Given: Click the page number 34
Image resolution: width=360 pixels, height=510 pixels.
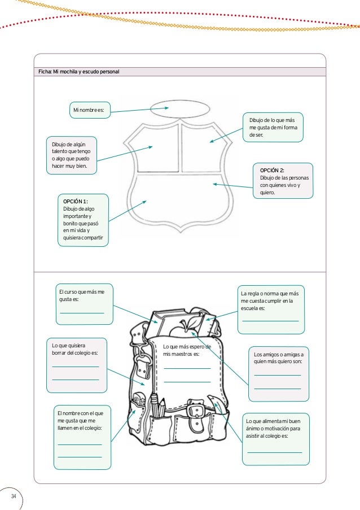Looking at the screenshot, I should pyautogui.click(x=13, y=496).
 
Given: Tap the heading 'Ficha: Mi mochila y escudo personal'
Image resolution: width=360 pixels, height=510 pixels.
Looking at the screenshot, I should pyautogui.click(x=78, y=72).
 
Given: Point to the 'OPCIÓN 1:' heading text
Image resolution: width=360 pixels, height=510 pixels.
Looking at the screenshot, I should pyautogui.click(x=76, y=202).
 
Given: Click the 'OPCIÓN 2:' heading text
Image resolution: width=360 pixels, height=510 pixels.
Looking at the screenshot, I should pyautogui.click(x=272, y=171).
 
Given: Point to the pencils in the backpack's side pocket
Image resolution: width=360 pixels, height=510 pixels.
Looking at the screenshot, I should pyautogui.click(x=159, y=406).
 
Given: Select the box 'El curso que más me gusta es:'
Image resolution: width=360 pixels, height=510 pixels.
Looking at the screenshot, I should pyautogui.click(x=82, y=303).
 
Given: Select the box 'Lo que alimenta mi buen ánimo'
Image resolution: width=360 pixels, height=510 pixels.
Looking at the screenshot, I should pyautogui.click(x=275, y=439).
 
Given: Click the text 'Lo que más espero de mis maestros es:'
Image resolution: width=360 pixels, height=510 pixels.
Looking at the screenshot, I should pyautogui.click(x=186, y=350).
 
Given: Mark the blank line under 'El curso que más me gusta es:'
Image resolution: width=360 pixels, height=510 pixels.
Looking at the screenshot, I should pyautogui.click(x=82, y=312).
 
